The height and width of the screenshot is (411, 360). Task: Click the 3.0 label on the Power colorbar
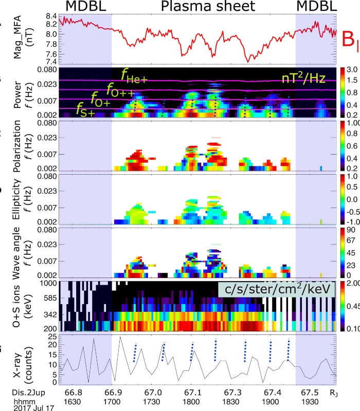click(x=345, y=69)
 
